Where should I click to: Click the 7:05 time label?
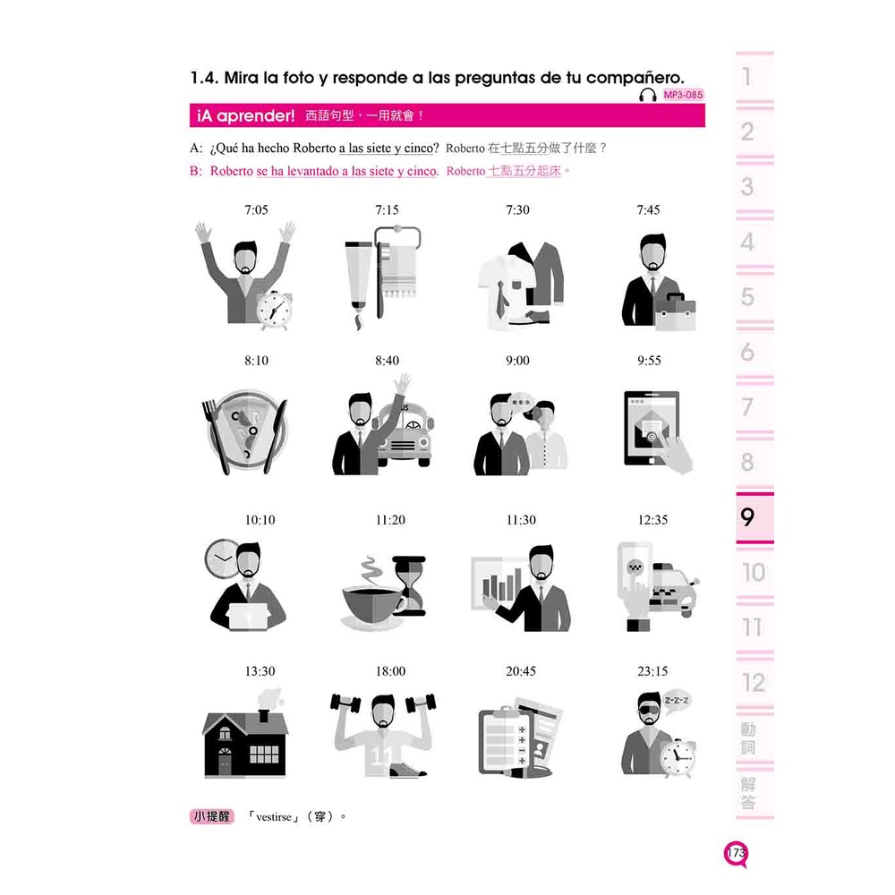pos(256,210)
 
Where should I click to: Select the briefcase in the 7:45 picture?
pos(675,311)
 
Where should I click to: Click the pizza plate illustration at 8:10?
pos(246,430)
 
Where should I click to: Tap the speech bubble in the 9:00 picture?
pos(520,403)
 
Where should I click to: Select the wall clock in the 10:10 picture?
pos(221,558)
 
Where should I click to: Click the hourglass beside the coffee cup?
pos(410,585)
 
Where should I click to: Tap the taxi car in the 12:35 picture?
pos(674,589)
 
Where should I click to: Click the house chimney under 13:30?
pos(264,714)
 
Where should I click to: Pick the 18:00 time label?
pos(390,671)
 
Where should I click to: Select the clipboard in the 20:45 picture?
pos(506,740)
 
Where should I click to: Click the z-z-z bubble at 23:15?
pos(677,701)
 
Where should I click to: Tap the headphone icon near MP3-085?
pos(648,96)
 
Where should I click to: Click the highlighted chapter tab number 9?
pos(747,517)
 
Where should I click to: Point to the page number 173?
pos(737,853)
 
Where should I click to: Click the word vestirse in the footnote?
pos(273,817)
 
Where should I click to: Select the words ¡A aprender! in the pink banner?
pos(245,115)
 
